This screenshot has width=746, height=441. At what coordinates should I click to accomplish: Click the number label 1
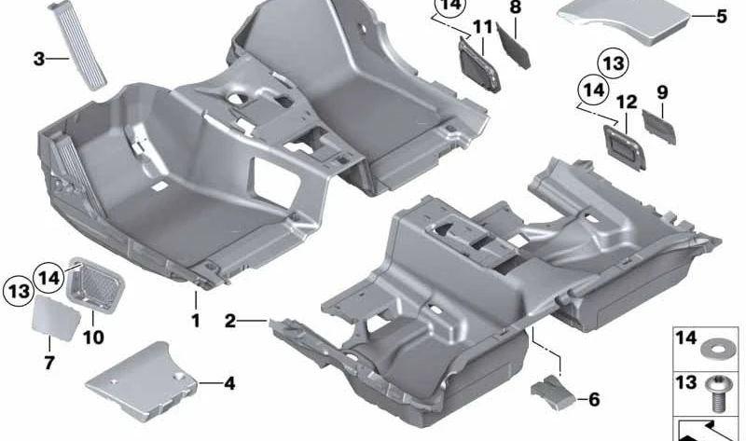point(196,321)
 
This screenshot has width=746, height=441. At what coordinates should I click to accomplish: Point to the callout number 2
point(230,321)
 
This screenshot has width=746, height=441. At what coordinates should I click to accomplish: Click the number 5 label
point(721,16)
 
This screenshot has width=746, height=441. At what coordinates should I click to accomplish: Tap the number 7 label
point(48,361)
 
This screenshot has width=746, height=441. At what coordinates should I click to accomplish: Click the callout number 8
point(515,7)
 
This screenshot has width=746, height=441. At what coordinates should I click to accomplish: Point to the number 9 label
point(662,92)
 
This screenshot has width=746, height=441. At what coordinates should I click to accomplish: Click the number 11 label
point(481,27)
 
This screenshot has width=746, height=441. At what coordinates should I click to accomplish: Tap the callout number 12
point(627,101)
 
